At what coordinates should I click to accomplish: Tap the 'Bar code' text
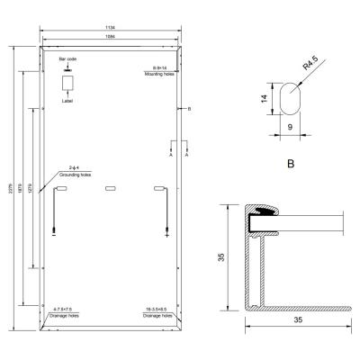click(67, 58)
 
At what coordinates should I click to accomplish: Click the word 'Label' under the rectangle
click(67, 101)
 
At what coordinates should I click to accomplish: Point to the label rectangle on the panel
click(67, 83)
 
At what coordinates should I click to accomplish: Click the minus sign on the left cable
click(54, 236)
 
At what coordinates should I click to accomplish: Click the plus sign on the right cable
click(167, 236)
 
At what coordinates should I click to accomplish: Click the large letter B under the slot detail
click(290, 166)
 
